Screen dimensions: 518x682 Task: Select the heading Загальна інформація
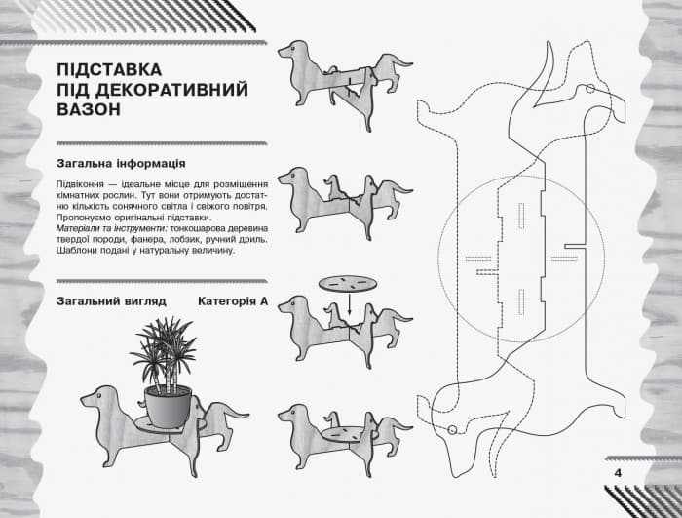point(122,162)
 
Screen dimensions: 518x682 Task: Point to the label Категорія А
point(232,301)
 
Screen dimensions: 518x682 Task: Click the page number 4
point(618,473)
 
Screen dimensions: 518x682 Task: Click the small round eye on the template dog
point(454,430)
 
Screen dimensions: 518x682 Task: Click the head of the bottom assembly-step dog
point(289,415)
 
